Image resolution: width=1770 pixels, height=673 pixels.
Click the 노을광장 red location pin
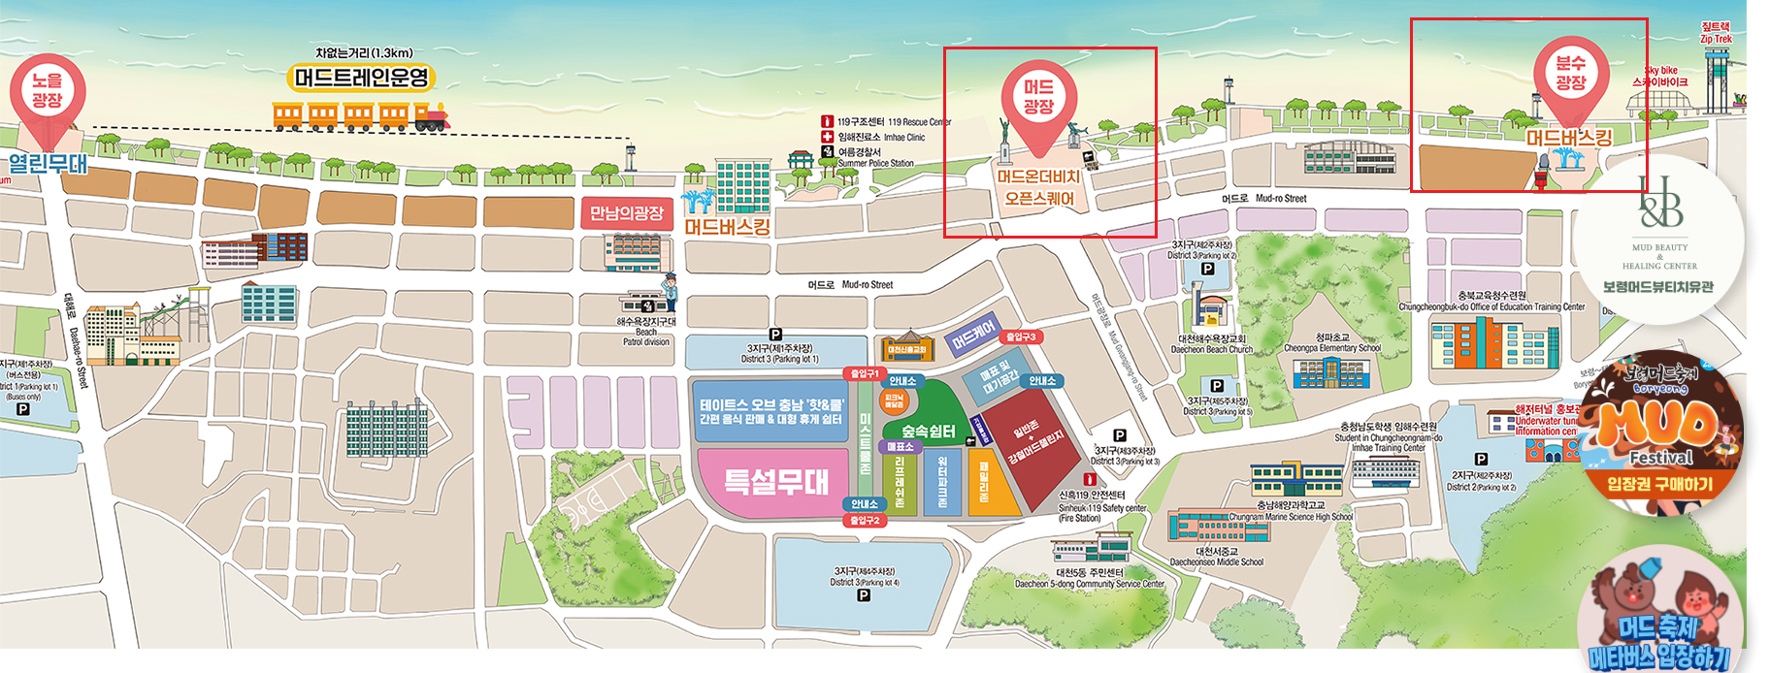point(47,91)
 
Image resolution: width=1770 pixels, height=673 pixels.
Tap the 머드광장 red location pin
point(1037,98)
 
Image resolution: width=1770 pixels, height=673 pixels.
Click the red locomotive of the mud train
point(431,118)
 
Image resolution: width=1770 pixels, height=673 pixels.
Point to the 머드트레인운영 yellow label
point(362,78)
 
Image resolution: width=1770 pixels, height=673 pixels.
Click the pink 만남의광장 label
point(627,212)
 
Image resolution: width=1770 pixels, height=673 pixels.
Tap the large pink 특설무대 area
point(775,481)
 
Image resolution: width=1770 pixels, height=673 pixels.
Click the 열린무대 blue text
point(49,163)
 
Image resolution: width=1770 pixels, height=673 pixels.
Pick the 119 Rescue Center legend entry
point(887,122)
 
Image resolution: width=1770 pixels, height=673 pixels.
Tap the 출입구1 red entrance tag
point(864,373)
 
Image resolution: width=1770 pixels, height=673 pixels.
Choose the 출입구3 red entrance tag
point(1021,336)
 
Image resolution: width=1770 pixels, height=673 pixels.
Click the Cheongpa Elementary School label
point(1332,343)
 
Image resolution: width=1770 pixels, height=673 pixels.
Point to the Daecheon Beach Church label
point(1212,344)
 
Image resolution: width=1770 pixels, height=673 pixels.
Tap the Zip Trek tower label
point(1716,33)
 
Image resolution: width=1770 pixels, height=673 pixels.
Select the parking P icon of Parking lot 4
point(864,595)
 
